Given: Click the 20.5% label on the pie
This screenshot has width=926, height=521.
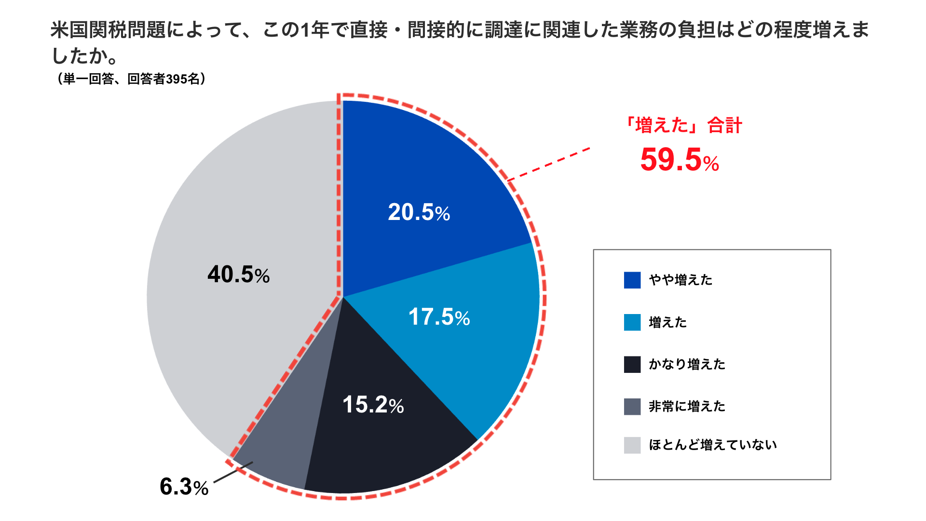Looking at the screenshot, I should click(419, 212).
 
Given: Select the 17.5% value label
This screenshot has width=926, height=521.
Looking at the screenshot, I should click(439, 317).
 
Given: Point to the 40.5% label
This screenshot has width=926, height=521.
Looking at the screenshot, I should click(238, 274).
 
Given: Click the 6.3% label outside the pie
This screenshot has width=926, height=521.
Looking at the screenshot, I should click(184, 486).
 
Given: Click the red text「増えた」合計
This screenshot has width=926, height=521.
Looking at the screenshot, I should click(682, 125).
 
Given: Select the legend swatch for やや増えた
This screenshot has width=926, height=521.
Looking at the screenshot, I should click(632, 280).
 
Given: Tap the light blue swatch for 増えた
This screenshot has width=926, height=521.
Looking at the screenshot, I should click(632, 322).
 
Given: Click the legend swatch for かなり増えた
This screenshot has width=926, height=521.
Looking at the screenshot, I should click(632, 364).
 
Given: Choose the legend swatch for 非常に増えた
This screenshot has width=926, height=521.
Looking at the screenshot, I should click(632, 406).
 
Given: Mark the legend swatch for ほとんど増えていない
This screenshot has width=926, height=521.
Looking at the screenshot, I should click(632, 445).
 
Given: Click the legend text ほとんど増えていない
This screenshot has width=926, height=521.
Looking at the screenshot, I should click(712, 445).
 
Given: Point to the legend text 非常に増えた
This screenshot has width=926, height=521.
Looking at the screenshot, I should click(687, 406).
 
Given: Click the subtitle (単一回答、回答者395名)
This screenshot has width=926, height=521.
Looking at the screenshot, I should click(131, 79).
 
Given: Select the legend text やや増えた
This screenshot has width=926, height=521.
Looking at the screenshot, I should click(681, 280).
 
